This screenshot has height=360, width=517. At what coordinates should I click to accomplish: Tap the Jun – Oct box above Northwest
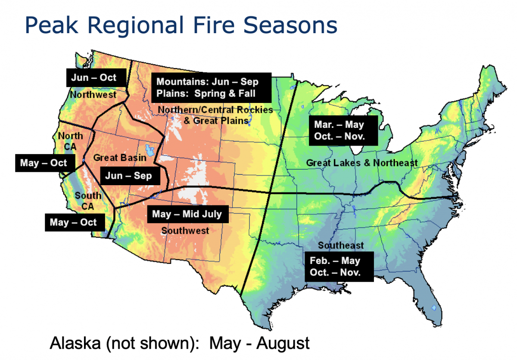click(96, 78)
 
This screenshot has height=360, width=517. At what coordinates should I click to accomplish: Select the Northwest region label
click(93, 94)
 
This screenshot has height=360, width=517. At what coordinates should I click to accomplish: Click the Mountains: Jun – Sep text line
click(207, 81)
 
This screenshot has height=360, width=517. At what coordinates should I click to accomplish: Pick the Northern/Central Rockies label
click(215, 110)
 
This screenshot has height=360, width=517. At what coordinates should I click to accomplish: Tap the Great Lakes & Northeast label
click(361, 163)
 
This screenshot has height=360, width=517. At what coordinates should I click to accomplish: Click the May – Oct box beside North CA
click(44, 163)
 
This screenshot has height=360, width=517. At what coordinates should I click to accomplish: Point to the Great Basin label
click(120, 158)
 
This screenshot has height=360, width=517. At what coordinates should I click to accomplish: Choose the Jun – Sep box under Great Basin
click(128, 176)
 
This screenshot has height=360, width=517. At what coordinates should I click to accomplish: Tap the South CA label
click(88, 201)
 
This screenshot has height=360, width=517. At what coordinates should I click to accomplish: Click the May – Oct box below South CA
click(73, 223)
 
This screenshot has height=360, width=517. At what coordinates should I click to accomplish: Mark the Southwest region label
click(185, 230)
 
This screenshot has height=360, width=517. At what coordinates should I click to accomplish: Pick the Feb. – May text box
click(338, 267)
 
